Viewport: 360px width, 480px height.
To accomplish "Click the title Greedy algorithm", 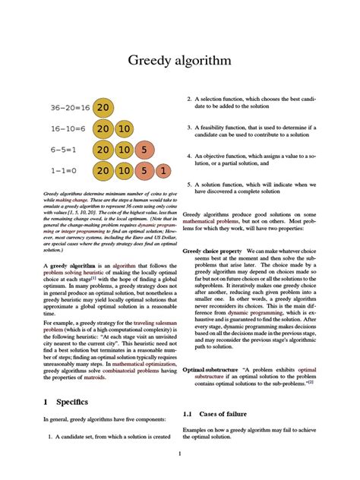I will (x=179, y=60).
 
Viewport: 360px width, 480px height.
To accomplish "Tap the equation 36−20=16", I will (x=71, y=108).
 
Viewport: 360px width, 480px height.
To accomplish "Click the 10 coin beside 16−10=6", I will (x=125, y=129).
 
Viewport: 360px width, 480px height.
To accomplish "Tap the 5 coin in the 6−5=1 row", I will (x=144, y=150).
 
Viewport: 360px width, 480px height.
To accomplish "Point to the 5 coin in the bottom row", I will (x=144, y=172).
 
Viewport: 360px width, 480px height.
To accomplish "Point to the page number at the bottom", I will (x=179, y=454).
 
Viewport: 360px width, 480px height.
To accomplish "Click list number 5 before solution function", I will (x=188, y=185).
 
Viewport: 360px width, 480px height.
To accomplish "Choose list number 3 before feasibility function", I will (x=188, y=128).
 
